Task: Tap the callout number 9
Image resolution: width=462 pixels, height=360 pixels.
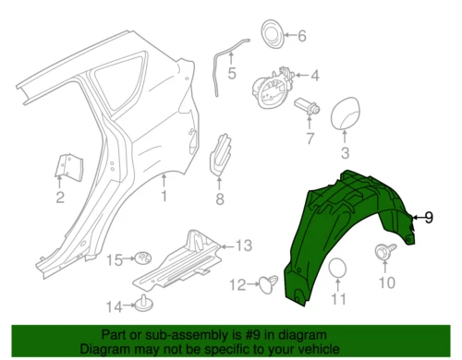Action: (x=428, y=218)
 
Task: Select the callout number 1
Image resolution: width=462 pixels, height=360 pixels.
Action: (x=164, y=197)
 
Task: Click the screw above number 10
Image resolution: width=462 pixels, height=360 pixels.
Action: (x=383, y=251)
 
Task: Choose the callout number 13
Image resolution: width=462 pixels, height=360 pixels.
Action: (x=243, y=246)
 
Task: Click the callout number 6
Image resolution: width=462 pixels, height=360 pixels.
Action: (x=301, y=36)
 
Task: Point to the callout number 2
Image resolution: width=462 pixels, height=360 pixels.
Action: (x=59, y=198)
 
